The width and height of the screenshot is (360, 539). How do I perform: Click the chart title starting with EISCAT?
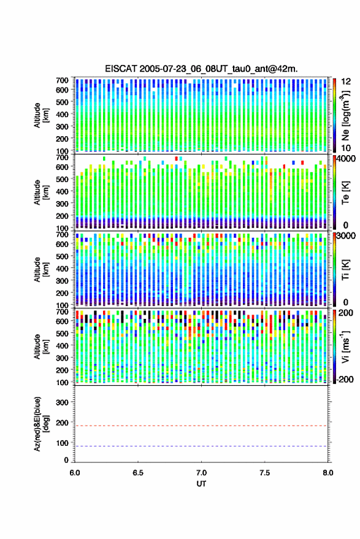(x=201, y=69)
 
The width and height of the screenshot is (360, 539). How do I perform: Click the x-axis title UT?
(x=201, y=483)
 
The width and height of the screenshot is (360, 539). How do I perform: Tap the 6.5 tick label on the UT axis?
(x=138, y=473)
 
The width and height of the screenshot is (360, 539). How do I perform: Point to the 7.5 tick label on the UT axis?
(x=264, y=473)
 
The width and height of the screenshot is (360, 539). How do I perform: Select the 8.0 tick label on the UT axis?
(x=327, y=473)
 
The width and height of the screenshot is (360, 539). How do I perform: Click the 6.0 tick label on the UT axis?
(x=75, y=473)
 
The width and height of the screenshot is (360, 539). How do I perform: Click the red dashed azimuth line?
(x=201, y=426)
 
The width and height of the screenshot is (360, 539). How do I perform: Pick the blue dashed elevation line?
(x=201, y=446)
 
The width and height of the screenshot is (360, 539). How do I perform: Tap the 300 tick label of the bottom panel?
(x=62, y=402)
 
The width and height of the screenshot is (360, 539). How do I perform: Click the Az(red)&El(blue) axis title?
(x=41, y=424)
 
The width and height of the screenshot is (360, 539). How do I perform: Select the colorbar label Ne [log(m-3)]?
(x=345, y=115)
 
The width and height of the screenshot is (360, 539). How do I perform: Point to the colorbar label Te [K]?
(x=345, y=193)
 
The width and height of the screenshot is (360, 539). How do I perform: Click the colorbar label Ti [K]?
(x=345, y=270)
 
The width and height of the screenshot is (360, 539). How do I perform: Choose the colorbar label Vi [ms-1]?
(x=345, y=346)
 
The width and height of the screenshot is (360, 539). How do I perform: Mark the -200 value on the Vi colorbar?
(x=345, y=379)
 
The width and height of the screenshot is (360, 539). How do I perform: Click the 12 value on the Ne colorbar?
(x=347, y=82)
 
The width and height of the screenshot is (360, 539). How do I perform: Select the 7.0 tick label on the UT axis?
(x=201, y=473)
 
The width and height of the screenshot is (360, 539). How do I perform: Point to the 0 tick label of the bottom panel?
(x=66, y=460)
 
